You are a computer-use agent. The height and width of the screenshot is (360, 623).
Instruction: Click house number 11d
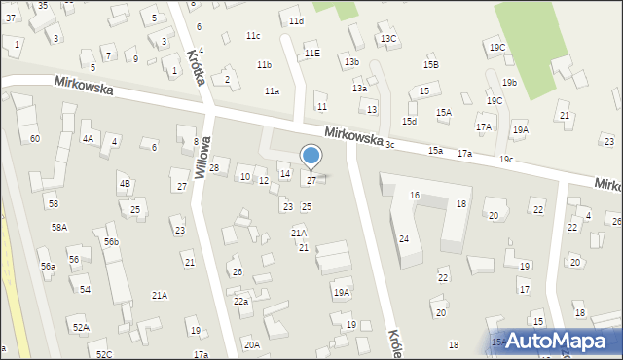[296, 20]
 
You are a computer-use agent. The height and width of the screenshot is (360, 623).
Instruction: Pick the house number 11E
[311, 54]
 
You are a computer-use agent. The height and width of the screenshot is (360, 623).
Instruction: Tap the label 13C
[388, 39]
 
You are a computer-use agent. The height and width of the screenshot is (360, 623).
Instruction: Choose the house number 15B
[430, 64]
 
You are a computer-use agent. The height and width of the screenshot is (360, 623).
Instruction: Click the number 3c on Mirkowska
[389, 144]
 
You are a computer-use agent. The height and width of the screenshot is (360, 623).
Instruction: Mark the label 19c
[506, 159]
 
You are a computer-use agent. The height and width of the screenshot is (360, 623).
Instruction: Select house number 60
[35, 139]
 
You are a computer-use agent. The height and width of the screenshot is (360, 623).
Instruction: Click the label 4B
[125, 183]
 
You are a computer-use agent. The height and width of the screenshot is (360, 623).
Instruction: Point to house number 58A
[59, 227]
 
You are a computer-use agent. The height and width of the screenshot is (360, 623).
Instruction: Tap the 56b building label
[112, 241]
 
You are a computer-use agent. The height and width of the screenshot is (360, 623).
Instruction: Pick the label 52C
[104, 354]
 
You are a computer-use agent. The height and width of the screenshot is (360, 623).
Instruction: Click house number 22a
[240, 302]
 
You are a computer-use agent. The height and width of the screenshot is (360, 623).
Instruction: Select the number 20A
[251, 344]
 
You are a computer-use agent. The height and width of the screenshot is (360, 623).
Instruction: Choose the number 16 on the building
[415, 196]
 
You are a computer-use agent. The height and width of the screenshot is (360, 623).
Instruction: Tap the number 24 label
[404, 238]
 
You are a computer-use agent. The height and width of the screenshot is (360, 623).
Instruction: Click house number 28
[214, 168]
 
